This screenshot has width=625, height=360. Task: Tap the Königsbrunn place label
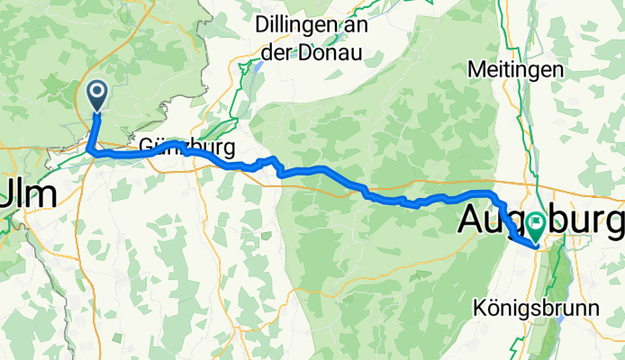tap(522, 308)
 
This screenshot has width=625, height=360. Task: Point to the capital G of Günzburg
tap(147, 147)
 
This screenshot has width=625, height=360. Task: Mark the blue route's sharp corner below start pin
tap(91, 151)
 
